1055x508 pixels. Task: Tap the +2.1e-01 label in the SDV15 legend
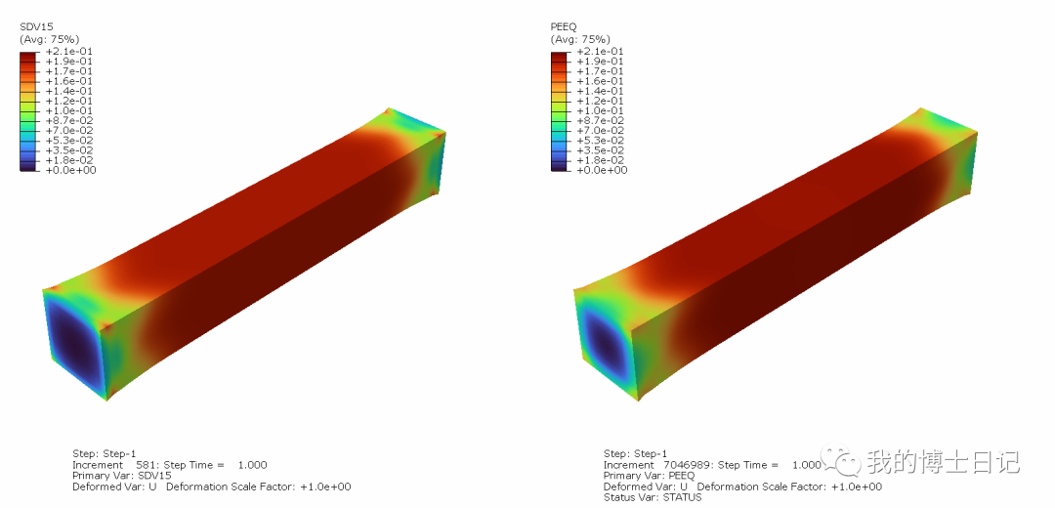tap(69, 51)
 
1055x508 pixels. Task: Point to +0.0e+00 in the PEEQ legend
tap(601, 170)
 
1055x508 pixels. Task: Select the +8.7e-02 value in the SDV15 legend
tap(69, 120)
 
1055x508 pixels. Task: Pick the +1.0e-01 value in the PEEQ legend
tap(601, 110)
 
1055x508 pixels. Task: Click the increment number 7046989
tap(687, 465)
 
